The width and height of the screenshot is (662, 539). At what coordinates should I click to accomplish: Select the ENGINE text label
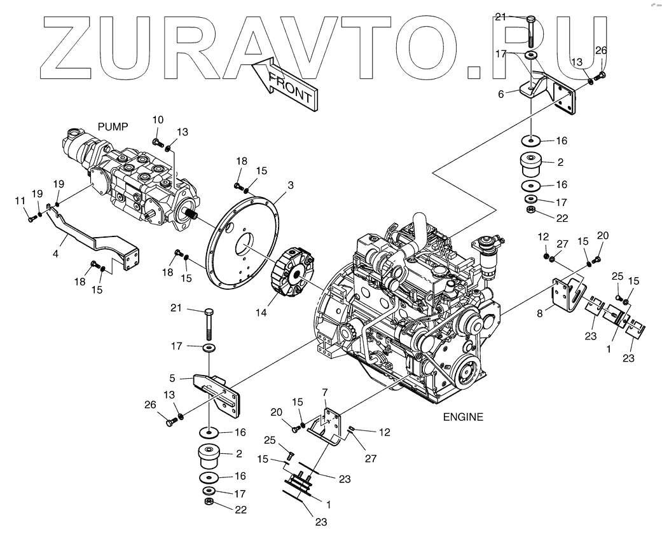(x=462, y=418)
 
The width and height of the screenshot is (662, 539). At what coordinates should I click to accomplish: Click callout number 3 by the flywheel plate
(x=290, y=185)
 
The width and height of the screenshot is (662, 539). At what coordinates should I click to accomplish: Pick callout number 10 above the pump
(x=158, y=119)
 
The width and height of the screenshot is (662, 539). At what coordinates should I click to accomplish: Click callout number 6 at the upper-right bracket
(x=500, y=93)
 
